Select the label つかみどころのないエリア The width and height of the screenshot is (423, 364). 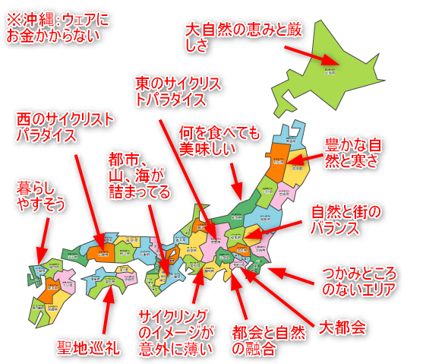[x=356, y=282]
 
